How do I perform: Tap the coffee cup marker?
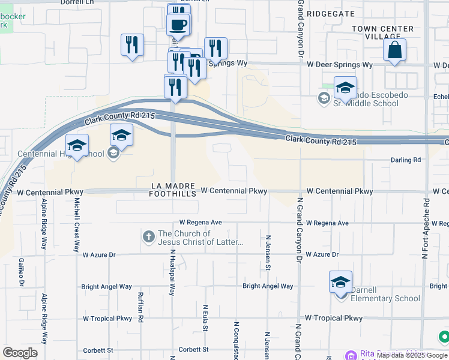(178, 25)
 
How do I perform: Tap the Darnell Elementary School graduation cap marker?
(340, 282)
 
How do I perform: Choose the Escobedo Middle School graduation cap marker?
(345, 89)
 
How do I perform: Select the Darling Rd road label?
(406, 160)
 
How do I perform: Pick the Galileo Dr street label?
(21, 271)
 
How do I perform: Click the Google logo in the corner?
(20, 353)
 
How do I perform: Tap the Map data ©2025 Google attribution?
(412, 355)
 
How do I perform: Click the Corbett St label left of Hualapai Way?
(98, 350)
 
